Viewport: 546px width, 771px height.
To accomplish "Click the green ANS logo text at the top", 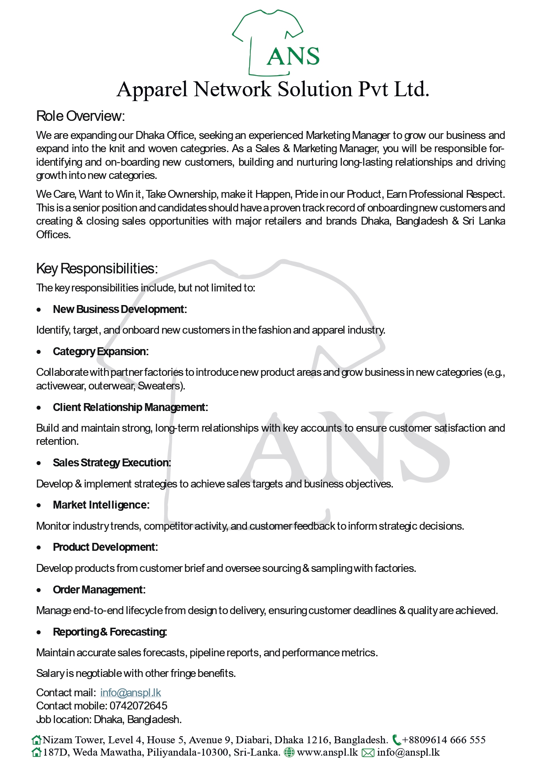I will coord(293,56).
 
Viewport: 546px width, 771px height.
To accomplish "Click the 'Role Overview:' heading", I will coord(81,116).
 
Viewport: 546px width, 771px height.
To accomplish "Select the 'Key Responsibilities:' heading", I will coord(97,268).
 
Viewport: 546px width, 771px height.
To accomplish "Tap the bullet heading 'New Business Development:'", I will coord(120,309).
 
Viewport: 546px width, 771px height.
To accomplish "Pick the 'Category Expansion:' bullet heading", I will coord(101,352).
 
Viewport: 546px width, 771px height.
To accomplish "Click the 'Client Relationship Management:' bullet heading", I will coord(130,407).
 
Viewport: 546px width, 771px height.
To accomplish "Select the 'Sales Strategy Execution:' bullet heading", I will coord(112,463).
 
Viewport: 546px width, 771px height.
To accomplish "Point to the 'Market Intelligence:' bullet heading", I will coord(101,505).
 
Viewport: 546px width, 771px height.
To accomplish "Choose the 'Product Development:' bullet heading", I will coord(105,547).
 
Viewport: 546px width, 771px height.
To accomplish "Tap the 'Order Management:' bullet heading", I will coord(99,590).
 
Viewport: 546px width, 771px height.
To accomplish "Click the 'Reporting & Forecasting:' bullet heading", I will coord(110,632).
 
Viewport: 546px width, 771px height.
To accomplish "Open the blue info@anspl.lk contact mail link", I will coord(131,693).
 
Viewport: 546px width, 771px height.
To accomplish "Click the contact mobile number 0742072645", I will coord(139,706).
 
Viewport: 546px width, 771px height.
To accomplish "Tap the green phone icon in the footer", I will coord(396,740).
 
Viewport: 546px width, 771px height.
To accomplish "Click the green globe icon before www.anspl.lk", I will coord(289,753).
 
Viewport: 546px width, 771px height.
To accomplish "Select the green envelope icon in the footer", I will coord(368,753).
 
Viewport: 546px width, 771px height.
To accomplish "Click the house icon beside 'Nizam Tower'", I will coord(37,740).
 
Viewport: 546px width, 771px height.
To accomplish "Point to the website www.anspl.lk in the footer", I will coord(327,753).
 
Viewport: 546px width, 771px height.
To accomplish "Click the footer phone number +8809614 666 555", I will coord(444,740).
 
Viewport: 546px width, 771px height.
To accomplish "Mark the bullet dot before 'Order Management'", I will coord(40,590).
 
